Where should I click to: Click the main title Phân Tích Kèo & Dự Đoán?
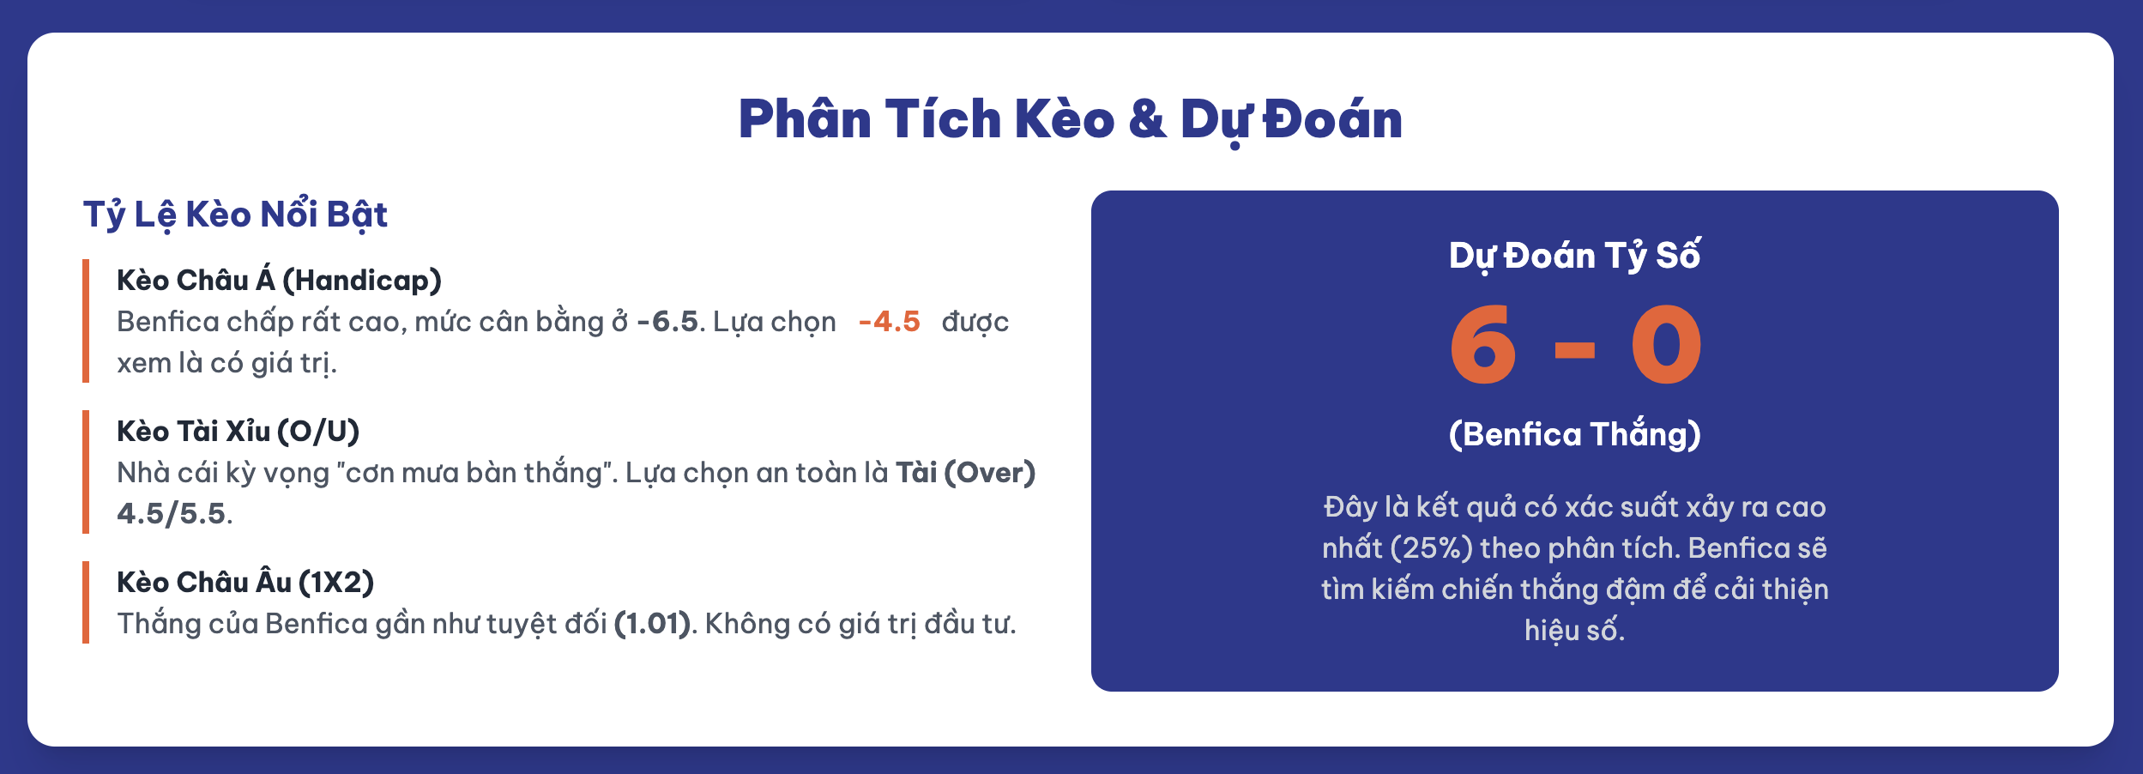1071,119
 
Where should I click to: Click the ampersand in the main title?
1147,119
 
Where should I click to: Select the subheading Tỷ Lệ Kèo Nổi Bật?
235,215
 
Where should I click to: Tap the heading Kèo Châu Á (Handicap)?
279,280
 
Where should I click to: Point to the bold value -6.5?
667,322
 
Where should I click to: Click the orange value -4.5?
890,322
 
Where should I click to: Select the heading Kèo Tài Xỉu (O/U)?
238,431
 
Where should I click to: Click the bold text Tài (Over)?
966,473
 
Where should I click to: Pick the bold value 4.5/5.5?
172,514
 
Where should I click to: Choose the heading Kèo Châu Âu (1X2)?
245,582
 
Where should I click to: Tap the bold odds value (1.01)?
653,624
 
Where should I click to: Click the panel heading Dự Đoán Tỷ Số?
1574,256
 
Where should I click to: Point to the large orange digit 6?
1482,345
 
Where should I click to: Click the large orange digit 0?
1666,345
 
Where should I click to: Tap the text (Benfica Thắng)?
1574,434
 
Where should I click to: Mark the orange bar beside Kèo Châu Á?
86,321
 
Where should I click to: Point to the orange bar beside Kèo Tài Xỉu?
86,472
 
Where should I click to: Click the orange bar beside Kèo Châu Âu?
86,602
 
